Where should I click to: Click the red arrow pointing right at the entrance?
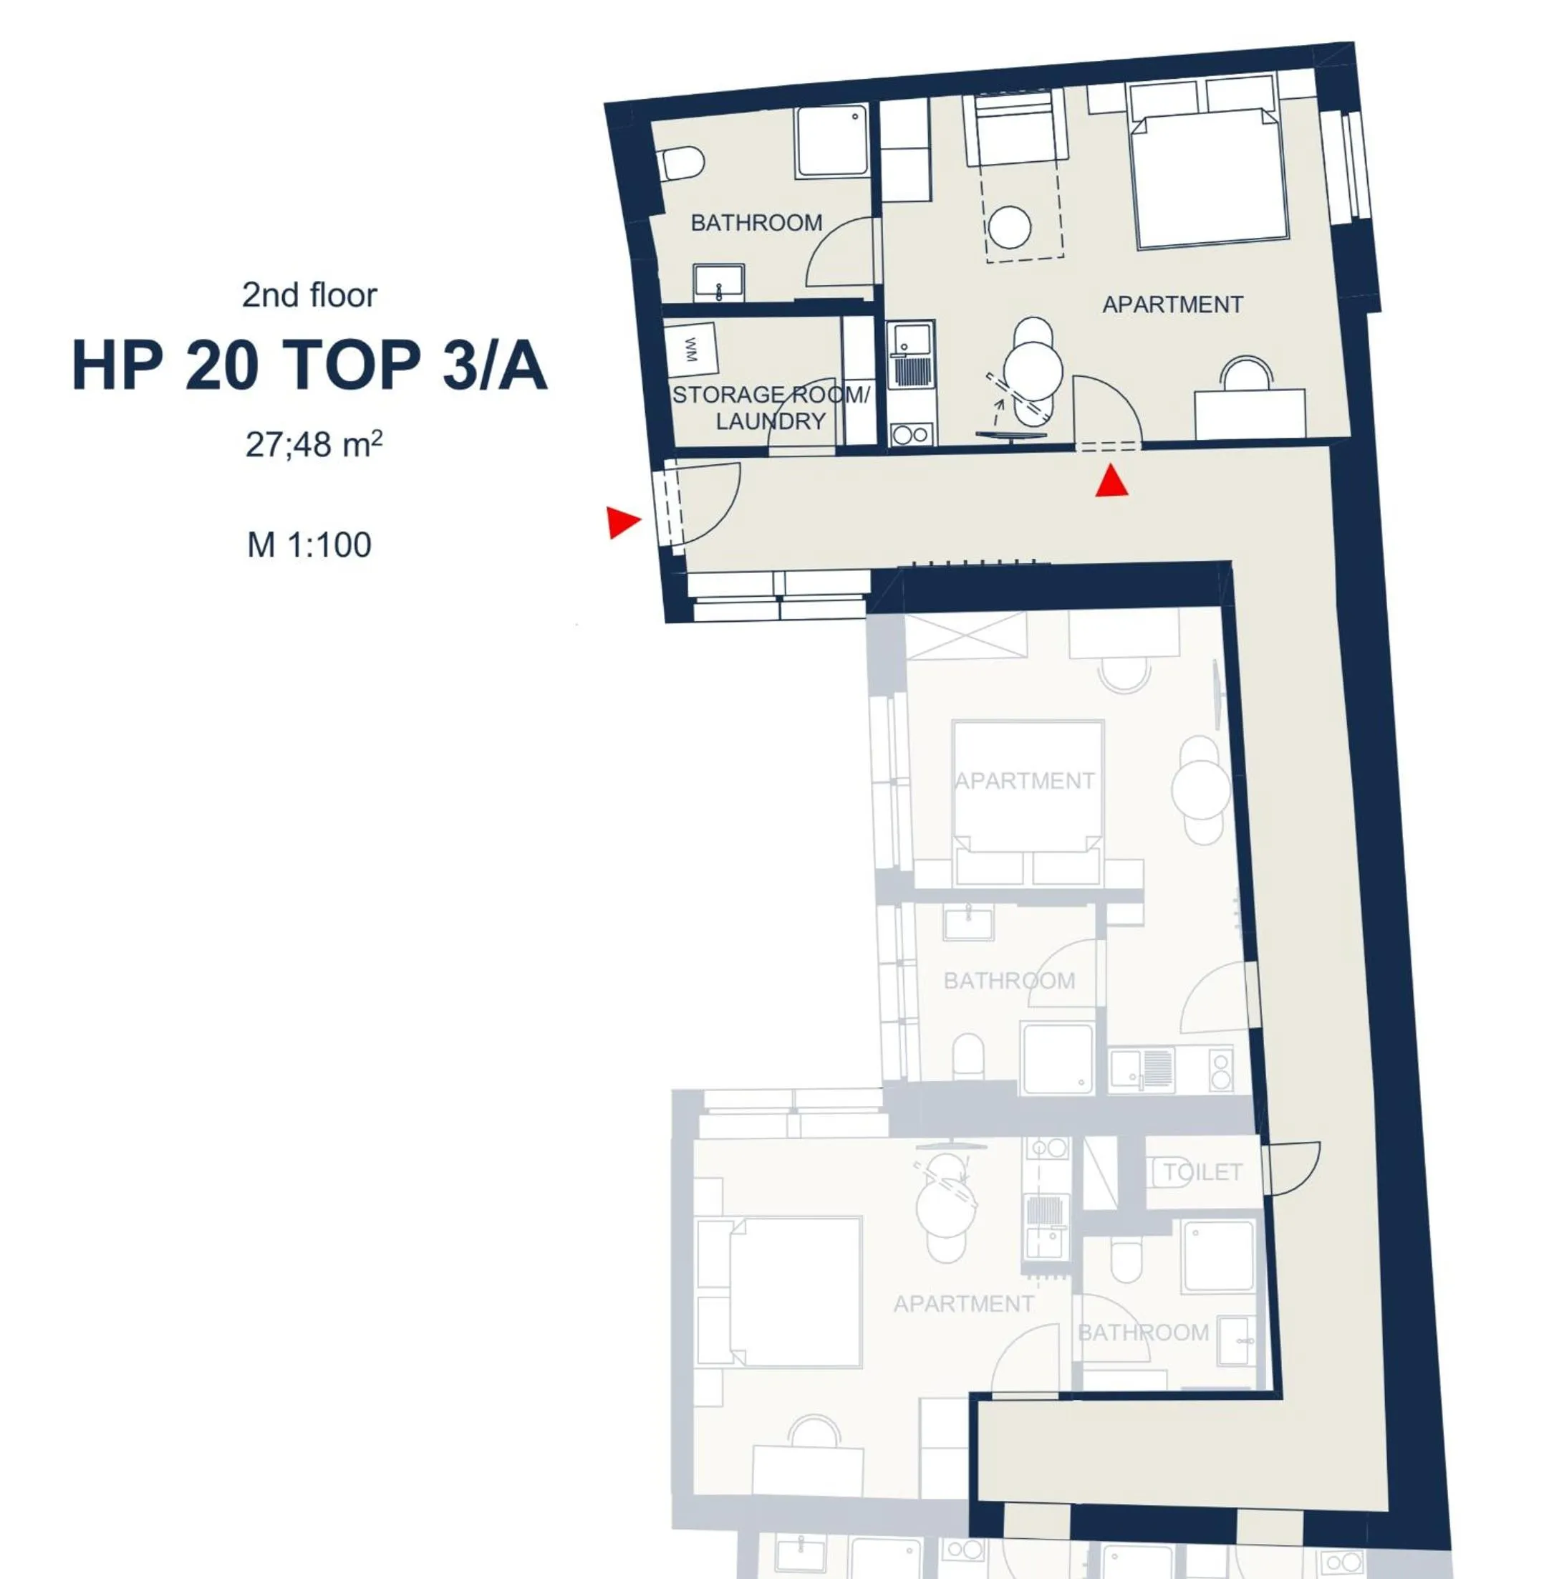[x=622, y=522]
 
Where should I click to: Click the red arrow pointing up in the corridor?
[x=1111, y=481]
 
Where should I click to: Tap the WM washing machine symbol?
[x=690, y=349]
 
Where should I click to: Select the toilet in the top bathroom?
[x=682, y=163]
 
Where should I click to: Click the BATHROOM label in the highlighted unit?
[x=756, y=222]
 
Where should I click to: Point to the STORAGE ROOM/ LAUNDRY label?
[x=770, y=408]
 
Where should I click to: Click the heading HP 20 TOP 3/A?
[x=309, y=365]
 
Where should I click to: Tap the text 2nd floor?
[x=309, y=294]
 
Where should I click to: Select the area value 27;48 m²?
[x=313, y=444]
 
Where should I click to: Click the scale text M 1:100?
[x=309, y=544]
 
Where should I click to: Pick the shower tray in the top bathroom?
[x=831, y=141]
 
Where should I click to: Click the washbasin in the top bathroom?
[x=718, y=282]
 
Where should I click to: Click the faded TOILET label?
[x=1202, y=1171]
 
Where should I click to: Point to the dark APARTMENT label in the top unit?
[x=1172, y=304]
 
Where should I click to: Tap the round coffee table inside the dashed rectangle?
[x=1010, y=227]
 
